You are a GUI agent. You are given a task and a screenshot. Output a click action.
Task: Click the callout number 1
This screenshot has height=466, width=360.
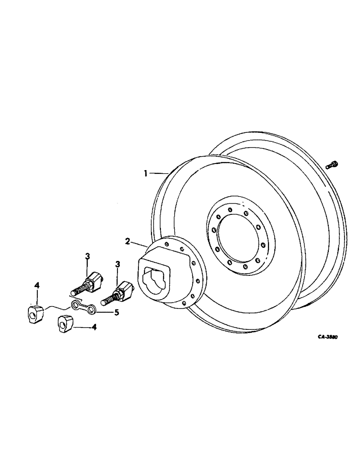click(146, 173)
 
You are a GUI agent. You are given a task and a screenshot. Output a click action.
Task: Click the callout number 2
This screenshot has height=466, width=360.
click(127, 241)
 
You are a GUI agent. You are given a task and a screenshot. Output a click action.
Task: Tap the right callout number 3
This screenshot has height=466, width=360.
click(118, 264)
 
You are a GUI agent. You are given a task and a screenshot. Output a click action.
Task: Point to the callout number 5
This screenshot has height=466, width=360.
click(117, 312)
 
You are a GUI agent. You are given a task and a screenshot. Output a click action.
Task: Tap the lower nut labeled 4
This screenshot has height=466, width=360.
click(66, 322)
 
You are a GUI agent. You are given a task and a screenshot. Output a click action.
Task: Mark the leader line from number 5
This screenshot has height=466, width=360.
click(105, 311)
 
